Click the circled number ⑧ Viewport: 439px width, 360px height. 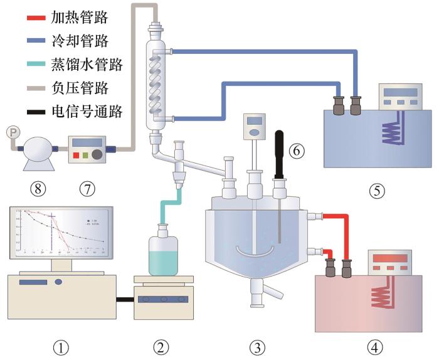(39, 186)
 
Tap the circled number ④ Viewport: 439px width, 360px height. (375, 345)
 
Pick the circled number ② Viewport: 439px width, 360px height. (161, 346)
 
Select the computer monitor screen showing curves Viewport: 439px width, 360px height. (61, 233)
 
